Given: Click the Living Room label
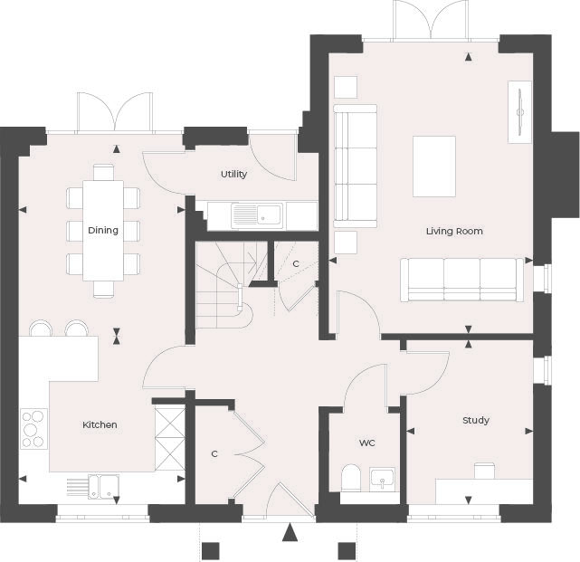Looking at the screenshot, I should pyautogui.click(x=454, y=231).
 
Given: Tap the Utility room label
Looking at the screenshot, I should pyautogui.click(x=233, y=174).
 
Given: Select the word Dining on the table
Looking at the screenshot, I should pyautogui.click(x=103, y=230).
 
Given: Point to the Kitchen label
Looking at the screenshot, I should pyautogui.click(x=100, y=424).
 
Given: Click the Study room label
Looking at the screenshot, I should pyautogui.click(x=476, y=420).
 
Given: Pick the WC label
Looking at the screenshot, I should pyautogui.click(x=366, y=443).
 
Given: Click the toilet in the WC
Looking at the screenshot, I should pyautogui.click(x=351, y=477).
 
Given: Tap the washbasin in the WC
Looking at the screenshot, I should pyautogui.click(x=383, y=478).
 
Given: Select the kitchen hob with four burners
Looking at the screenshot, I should pyautogui.click(x=34, y=429).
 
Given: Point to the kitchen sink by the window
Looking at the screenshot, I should pyautogui.click(x=102, y=486).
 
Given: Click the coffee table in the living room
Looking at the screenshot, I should pyautogui.click(x=434, y=166).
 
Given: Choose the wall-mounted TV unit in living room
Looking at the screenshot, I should pyautogui.click(x=519, y=111).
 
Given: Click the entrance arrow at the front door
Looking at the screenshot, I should pyautogui.click(x=290, y=532).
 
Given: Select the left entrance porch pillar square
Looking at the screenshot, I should pyautogui.click(x=210, y=550).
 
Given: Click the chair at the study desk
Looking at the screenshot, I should pyautogui.click(x=485, y=471).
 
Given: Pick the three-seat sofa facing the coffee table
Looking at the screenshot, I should pyautogui.click(x=461, y=280).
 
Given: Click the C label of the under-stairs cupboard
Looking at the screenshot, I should pyautogui.click(x=295, y=263).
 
